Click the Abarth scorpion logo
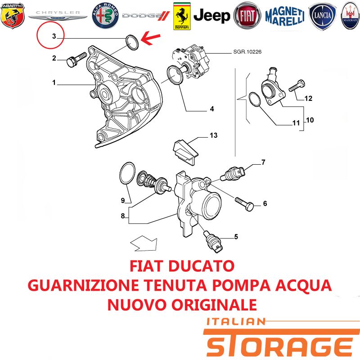pos(13,16)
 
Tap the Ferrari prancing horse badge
pos(182,16)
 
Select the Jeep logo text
pos(211,16)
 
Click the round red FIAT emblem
pos(247,16)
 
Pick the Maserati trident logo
pos(351,16)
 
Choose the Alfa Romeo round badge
pos(105,16)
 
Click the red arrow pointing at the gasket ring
pos(150,38)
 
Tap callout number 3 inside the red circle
pos(54,36)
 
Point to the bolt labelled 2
pos(76,59)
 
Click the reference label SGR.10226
pos(247,52)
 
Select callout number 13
pos(213,135)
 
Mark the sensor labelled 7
pos(233,174)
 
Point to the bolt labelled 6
pos(244,204)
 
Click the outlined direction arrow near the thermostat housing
pos(144,243)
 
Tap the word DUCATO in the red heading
pos(201,266)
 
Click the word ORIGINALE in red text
pos(214,305)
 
